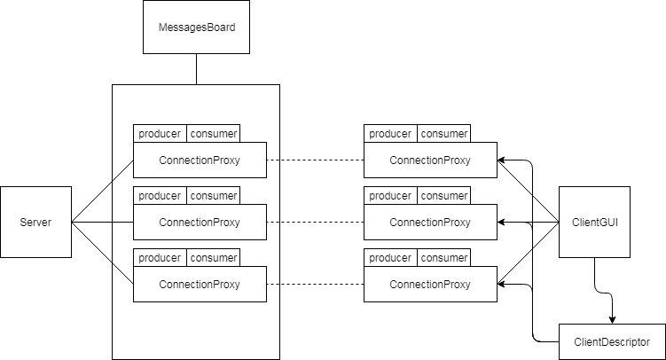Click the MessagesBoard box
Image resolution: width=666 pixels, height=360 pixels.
(x=196, y=27)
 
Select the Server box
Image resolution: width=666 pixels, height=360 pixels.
(x=35, y=222)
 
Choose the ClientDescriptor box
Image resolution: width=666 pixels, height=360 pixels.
(x=612, y=341)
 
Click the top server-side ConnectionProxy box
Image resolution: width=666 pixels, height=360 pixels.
(x=200, y=160)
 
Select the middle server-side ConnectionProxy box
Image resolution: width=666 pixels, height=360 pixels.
(x=200, y=222)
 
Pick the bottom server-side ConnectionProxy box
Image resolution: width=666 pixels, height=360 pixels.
(x=200, y=284)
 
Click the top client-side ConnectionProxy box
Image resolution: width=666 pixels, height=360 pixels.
(x=430, y=160)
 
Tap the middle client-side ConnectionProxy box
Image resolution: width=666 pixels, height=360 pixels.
(x=430, y=222)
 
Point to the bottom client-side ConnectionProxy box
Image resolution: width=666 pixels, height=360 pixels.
(x=430, y=284)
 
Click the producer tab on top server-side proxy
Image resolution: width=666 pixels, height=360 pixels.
(x=160, y=134)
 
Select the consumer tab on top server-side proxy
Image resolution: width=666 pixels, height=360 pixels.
(x=213, y=134)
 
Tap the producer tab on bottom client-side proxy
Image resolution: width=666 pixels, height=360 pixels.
(x=390, y=258)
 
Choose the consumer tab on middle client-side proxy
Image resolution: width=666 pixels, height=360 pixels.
(x=443, y=196)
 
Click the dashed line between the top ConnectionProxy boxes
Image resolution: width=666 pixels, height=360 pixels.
(x=315, y=160)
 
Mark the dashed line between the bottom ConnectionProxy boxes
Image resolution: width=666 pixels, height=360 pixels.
(x=315, y=284)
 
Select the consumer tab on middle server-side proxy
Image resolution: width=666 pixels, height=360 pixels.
(x=213, y=196)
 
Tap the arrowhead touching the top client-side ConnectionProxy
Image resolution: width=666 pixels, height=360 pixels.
(x=502, y=160)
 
